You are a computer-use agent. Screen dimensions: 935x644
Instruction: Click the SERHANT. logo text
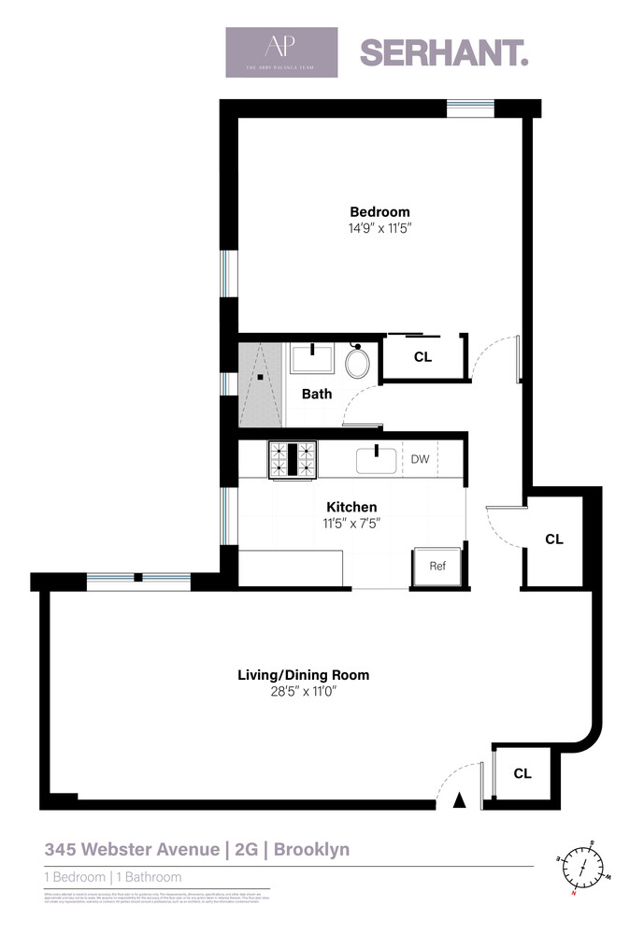click(x=444, y=52)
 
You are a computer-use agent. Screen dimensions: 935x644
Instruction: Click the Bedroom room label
click(x=379, y=211)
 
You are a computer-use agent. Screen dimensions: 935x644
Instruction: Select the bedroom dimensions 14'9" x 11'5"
click(x=379, y=227)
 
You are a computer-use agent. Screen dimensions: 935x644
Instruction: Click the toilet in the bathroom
click(x=357, y=362)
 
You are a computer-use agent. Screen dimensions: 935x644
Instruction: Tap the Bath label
click(x=316, y=394)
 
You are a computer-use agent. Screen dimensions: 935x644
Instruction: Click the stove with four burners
click(x=293, y=458)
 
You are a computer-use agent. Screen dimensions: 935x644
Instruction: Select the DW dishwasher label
click(x=420, y=459)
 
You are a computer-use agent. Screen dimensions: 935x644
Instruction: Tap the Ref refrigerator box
click(x=437, y=566)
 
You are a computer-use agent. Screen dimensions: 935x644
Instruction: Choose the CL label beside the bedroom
click(x=422, y=356)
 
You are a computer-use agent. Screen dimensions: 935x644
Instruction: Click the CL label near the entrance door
click(x=522, y=773)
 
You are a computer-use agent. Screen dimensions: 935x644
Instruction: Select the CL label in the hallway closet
click(x=554, y=539)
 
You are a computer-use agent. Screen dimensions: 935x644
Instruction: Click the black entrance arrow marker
click(x=459, y=800)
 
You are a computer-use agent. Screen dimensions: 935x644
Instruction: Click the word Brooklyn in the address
click(x=311, y=850)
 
